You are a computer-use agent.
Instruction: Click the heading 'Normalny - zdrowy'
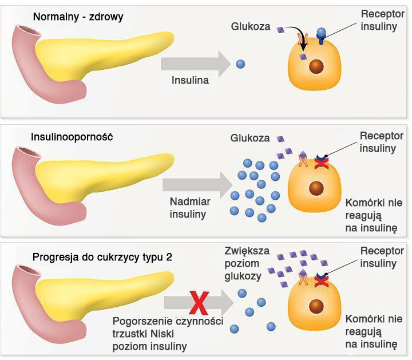click(x=78, y=17)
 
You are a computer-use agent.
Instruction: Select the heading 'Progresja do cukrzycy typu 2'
click(x=102, y=256)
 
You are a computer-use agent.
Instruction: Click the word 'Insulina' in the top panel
click(x=190, y=80)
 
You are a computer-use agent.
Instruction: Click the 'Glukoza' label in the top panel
click(x=250, y=26)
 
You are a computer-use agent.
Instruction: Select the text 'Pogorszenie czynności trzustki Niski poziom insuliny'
click(x=167, y=333)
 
